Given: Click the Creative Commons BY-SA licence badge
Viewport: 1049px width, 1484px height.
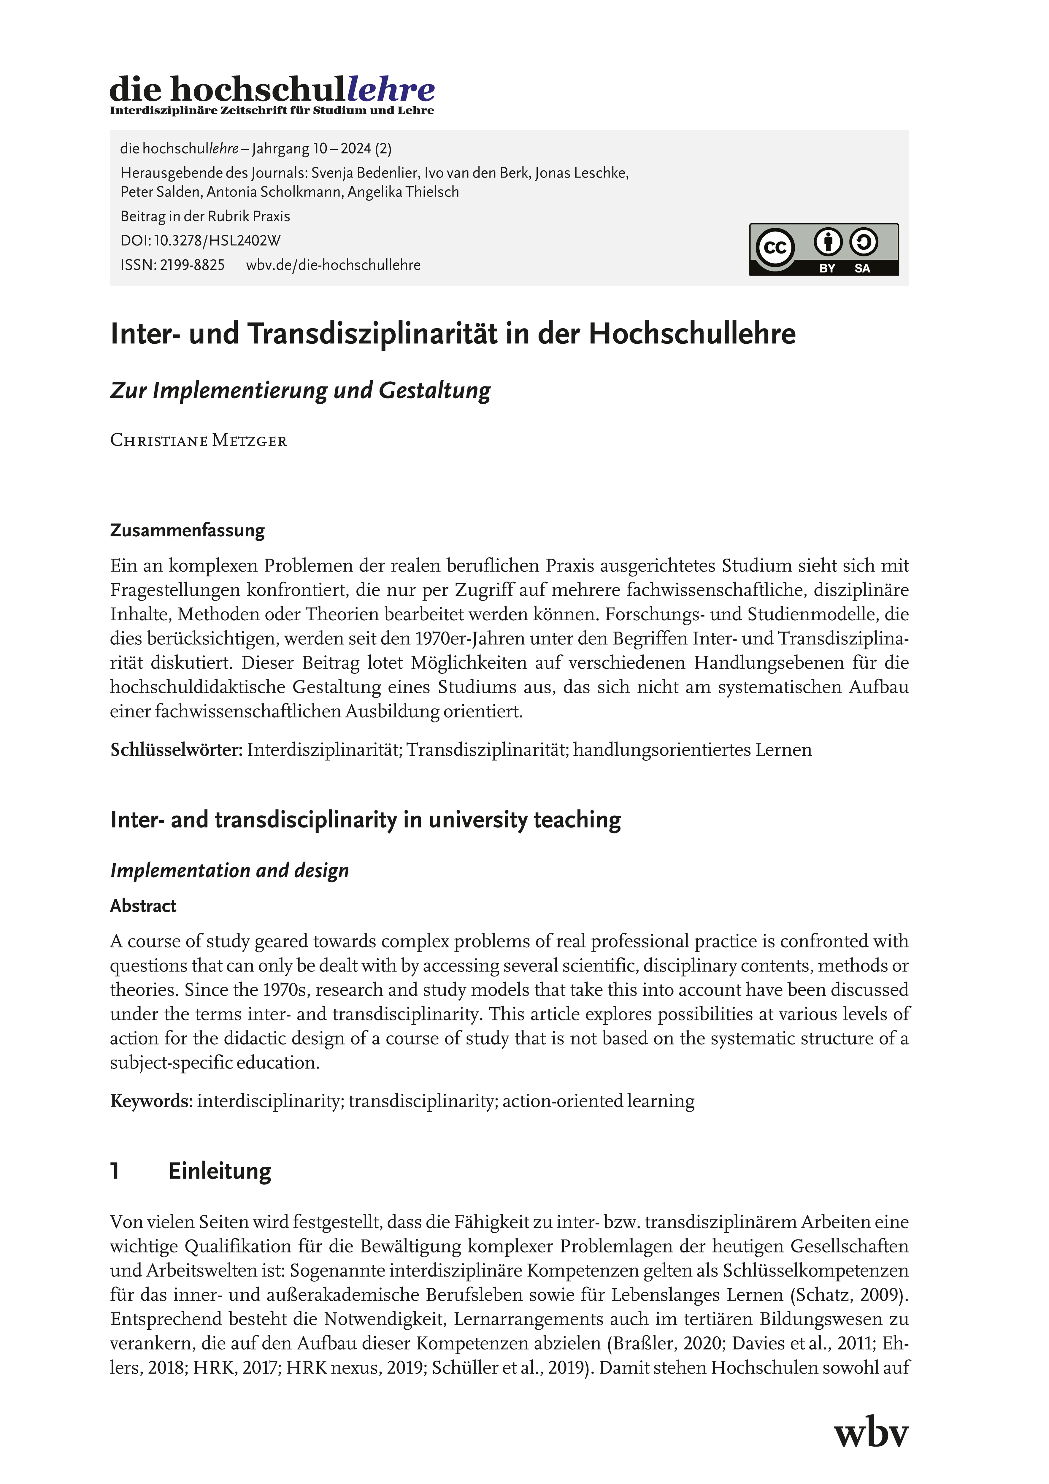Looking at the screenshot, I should click(x=823, y=249).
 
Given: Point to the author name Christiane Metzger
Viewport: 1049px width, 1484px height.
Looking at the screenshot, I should click(x=199, y=441).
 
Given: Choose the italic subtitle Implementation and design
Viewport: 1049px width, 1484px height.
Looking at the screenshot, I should click(x=229, y=871).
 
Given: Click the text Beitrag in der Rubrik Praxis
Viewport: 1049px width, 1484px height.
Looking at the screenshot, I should click(x=205, y=217).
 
